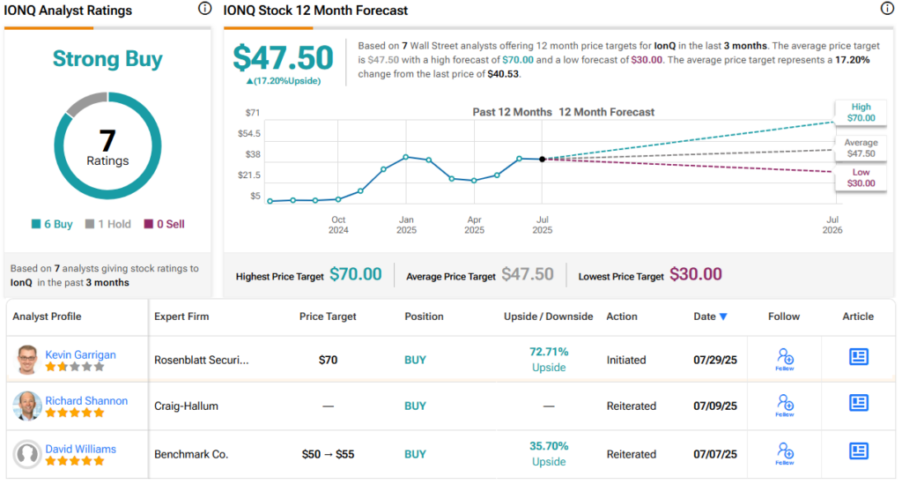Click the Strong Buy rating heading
pyautogui.click(x=107, y=59)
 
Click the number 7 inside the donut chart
pyautogui.click(x=107, y=140)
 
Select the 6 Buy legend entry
pyautogui.click(x=52, y=224)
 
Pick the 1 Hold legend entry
pyautogui.click(x=108, y=224)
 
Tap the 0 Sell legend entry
pyautogui.click(x=164, y=224)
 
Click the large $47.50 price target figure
pyautogui.click(x=284, y=58)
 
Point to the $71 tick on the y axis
pyautogui.click(x=253, y=112)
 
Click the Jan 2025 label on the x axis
pyautogui.click(x=406, y=225)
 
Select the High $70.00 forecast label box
pyautogui.click(x=861, y=112)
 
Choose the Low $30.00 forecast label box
pyautogui.click(x=861, y=177)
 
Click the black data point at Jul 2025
pyautogui.click(x=542, y=159)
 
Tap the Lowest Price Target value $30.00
pyautogui.click(x=695, y=274)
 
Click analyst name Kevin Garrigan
pyautogui.click(x=81, y=354)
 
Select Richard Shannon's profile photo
pyautogui.click(x=27, y=406)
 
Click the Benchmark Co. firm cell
pyautogui.click(x=191, y=454)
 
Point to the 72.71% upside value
pyautogui.click(x=548, y=352)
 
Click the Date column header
pyautogui.click(x=709, y=316)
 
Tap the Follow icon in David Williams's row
pyautogui.click(x=784, y=454)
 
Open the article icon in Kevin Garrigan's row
pyautogui.click(x=858, y=356)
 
